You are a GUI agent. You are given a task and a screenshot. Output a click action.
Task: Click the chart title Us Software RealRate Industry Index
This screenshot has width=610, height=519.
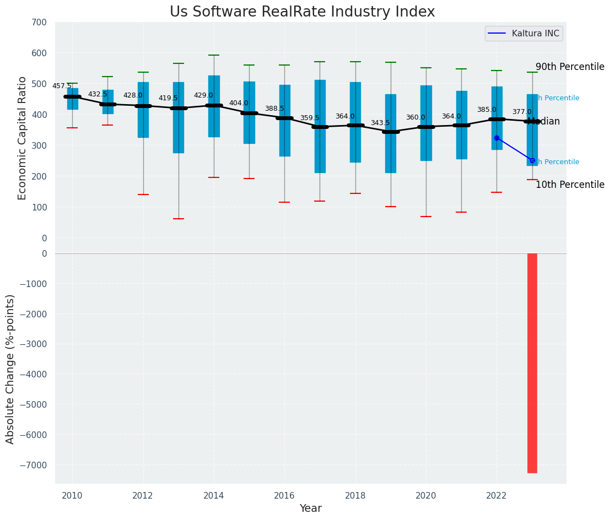(x=302, y=12)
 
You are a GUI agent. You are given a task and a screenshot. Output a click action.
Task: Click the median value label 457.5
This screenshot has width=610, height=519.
(x=62, y=86)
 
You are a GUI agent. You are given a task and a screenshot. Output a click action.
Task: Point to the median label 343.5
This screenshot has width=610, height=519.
(x=380, y=123)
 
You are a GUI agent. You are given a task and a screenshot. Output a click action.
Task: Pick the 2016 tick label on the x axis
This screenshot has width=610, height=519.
(x=284, y=496)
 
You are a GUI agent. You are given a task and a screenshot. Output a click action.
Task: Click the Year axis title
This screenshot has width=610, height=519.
(x=310, y=509)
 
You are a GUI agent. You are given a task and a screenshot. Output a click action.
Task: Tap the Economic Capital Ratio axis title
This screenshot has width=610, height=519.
(x=23, y=138)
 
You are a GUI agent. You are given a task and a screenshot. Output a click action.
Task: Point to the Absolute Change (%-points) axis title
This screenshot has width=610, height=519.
(x=10, y=369)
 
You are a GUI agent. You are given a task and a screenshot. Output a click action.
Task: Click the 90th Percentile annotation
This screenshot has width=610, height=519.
(x=570, y=67)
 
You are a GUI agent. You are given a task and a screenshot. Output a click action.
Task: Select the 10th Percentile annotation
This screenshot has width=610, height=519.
(x=570, y=185)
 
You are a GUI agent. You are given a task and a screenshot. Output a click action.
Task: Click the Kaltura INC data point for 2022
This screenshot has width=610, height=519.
(x=496, y=138)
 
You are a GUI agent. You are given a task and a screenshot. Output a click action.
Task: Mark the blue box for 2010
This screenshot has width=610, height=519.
(x=72, y=99)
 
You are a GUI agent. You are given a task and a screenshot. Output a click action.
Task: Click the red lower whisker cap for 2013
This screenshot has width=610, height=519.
(x=179, y=219)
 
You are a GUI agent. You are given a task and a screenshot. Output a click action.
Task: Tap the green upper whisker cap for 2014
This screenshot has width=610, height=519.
(x=214, y=55)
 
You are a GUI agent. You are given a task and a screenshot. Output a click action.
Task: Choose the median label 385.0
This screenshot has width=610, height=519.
(x=487, y=110)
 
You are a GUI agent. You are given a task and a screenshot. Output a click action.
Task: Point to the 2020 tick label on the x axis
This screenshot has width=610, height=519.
(x=426, y=496)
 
